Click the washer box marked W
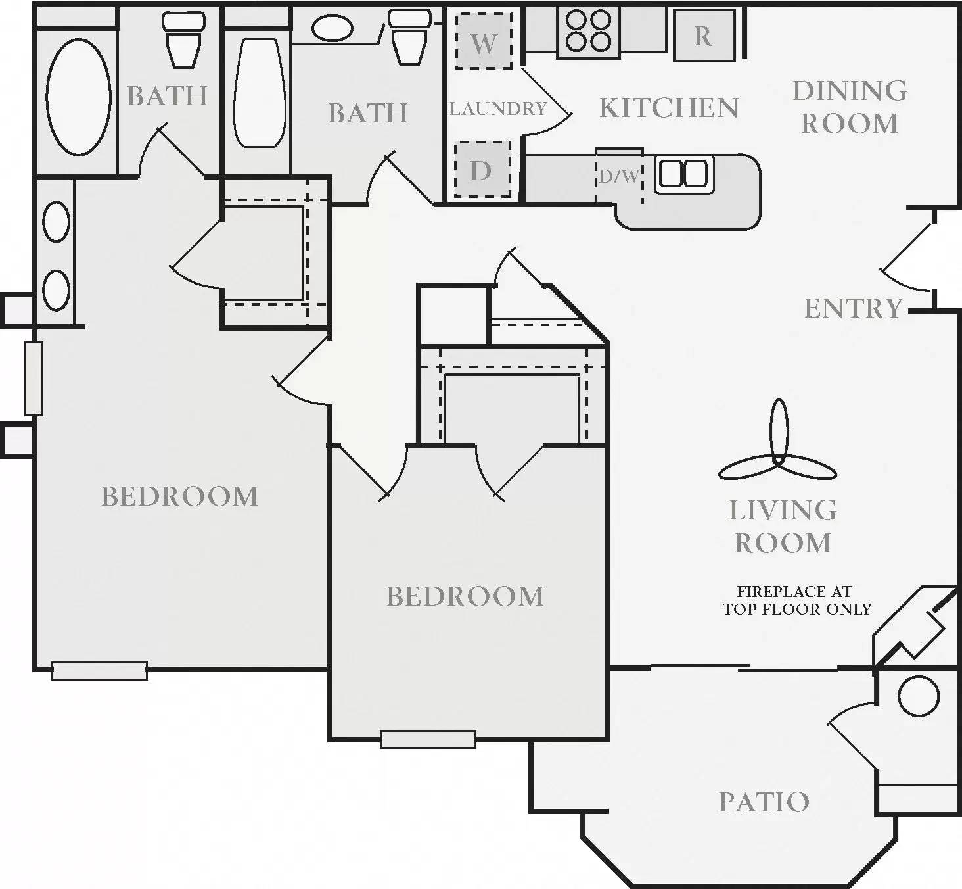[x=484, y=41]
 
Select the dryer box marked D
[x=482, y=170]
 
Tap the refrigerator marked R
[x=704, y=36]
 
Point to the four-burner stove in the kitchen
[x=589, y=32]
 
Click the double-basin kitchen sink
[x=683, y=174]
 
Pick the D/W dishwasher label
[x=618, y=176]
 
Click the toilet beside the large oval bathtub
[x=181, y=38]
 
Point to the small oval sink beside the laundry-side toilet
[x=332, y=28]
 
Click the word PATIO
[x=764, y=802]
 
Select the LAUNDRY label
[x=498, y=108]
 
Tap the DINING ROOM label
[x=850, y=107]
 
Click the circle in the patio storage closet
[x=918, y=696]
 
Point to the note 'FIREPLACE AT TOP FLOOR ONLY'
[x=796, y=600]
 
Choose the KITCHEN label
[x=669, y=108]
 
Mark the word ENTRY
[x=853, y=308]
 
